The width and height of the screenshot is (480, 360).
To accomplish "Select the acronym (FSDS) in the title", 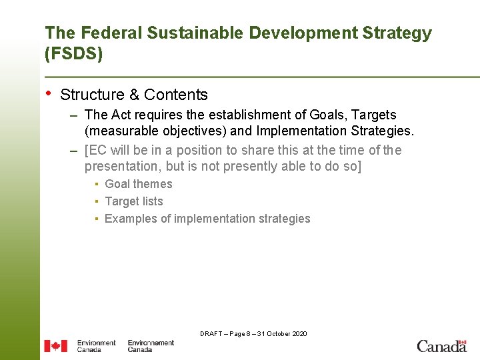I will pos(73,54).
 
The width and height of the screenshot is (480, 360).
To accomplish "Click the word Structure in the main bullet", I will pos(92,95).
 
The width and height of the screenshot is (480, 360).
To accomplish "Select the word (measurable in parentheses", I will pos(121,131).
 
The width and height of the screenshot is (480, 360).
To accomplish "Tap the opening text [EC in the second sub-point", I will pos(95,150).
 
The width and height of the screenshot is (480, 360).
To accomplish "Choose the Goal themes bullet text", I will pos(138,184).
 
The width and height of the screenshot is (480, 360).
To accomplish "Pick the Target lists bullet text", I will pos(133,201).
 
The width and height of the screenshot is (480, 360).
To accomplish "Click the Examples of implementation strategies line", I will pos(207,219).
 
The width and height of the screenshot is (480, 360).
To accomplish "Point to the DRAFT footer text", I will pos(212,333).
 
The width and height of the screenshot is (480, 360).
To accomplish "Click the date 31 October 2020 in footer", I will pos(283,333).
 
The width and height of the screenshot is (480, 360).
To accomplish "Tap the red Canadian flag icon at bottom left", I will pos(56,346).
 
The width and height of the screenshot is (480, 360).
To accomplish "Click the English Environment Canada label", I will pos(96,346).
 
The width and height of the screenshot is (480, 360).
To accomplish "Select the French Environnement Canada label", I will pos(151,346).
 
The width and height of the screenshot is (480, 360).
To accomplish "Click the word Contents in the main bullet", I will pos(176,95).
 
